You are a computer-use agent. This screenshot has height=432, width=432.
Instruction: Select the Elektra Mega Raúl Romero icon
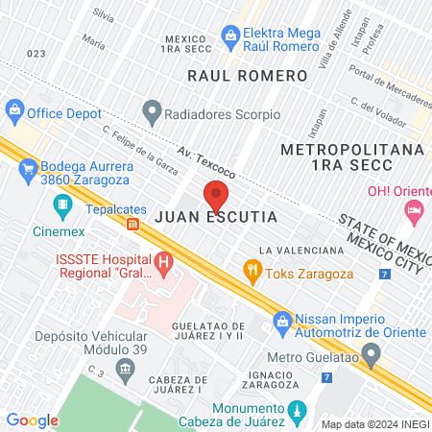click(x=230, y=37)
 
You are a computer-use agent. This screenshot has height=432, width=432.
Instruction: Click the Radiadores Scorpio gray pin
click(x=151, y=112)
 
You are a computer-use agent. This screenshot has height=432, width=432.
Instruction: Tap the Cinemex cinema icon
click(x=62, y=204)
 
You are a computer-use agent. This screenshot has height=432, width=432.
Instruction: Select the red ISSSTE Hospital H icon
click(x=163, y=260)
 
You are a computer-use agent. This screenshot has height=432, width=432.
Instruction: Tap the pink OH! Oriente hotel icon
click(x=414, y=209)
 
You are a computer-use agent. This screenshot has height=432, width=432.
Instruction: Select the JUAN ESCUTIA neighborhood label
click(x=216, y=218)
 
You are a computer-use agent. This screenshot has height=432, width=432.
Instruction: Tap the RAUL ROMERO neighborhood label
click(x=232, y=74)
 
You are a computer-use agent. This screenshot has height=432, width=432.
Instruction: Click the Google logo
click(x=33, y=420)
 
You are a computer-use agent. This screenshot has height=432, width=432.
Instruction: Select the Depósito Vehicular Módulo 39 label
click(x=90, y=344)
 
